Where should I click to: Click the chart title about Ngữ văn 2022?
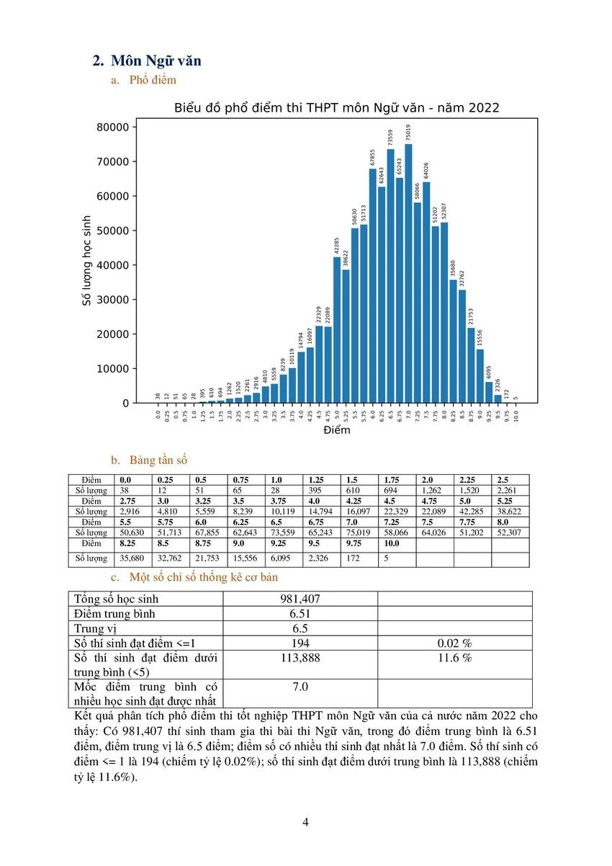[x=337, y=108]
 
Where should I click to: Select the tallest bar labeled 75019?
[x=408, y=274]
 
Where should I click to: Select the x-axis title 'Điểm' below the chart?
[x=336, y=430]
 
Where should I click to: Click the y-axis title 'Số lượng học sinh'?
[x=87, y=260]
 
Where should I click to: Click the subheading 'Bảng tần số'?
[x=158, y=459]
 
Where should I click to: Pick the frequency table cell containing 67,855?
[x=208, y=532]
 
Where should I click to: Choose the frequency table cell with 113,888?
[x=300, y=658]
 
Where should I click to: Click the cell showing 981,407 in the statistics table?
[x=300, y=599]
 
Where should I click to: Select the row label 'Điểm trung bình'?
[x=115, y=613]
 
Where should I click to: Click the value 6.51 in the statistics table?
[x=300, y=613]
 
